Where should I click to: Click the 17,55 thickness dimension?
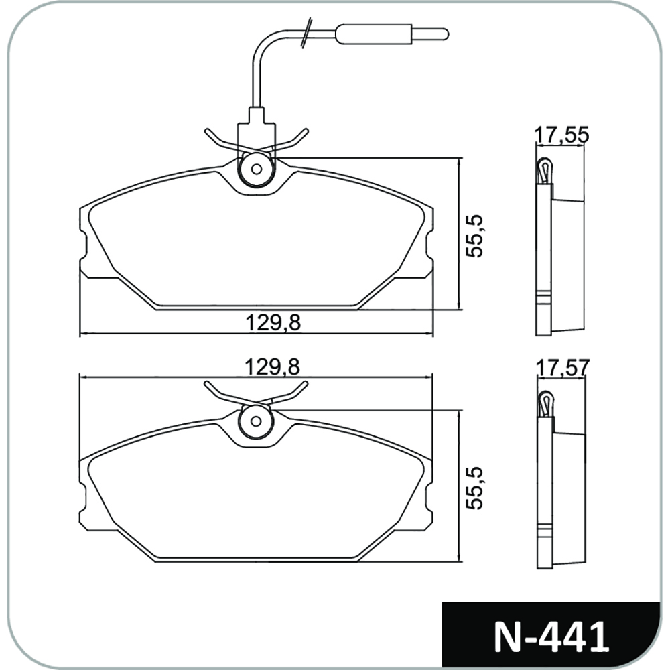tap(562, 135)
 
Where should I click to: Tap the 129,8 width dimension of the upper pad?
tap(273, 323)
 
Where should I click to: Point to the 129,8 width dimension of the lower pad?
tap(272, 367)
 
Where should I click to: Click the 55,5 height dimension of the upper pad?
tap(474, 236)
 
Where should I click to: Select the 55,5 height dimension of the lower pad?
tap(474, 488)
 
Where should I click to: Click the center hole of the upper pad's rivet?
tap(257, 170)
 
